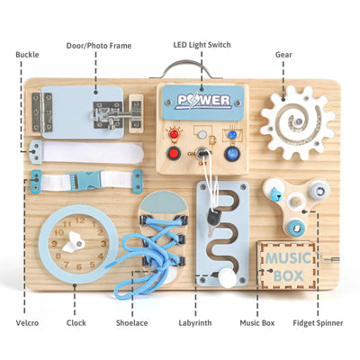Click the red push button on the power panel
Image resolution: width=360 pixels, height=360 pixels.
(174, 153)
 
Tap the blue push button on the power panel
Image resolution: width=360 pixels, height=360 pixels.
(231, 154)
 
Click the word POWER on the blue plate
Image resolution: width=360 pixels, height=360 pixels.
(203, 101)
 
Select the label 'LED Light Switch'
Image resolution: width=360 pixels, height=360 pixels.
(202, 45)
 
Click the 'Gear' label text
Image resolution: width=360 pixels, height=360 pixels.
(283, 55)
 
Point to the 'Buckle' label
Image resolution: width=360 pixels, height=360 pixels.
(27, 55)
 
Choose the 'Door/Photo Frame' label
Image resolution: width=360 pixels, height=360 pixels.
(99, 46)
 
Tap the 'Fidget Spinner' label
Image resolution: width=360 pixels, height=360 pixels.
(318, 323)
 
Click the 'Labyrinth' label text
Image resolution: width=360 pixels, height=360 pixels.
(195, 323)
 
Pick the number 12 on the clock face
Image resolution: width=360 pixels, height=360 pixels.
(80, 220)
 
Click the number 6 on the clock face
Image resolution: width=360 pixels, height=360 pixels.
(78, 266)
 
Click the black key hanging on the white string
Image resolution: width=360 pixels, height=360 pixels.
(213, 219)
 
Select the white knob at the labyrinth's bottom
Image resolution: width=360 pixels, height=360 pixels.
(225, 277)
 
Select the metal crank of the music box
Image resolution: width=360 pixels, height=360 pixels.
(328, 257)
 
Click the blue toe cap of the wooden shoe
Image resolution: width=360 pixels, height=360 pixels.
(164, 205)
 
